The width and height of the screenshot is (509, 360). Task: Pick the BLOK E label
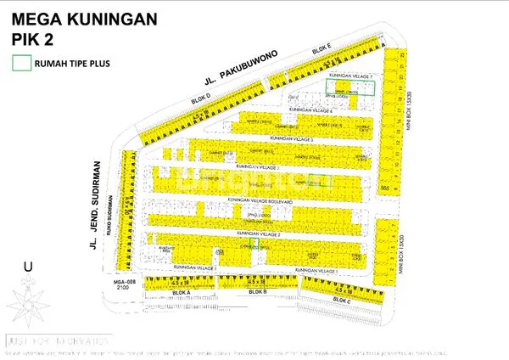pyautogui.click(x=320, y=53)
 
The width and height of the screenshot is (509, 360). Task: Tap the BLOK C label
pyautogui.click(x=341, y=300)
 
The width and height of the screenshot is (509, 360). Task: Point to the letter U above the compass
pyautogui.click(x=28, y=267)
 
